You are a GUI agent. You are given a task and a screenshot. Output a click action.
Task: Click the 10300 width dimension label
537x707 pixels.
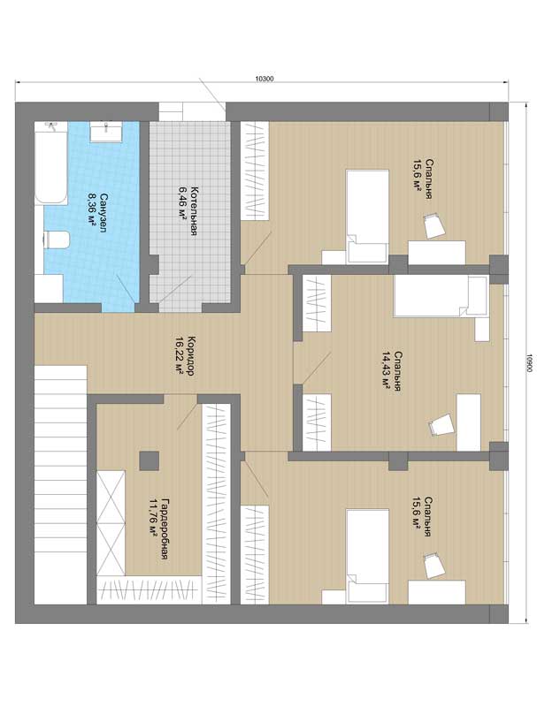click(x=265, y=78)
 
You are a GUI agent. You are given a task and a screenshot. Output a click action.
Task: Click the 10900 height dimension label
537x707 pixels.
click(x=529, y=362)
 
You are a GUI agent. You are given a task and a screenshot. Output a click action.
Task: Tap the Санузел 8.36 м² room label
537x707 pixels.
click(x=98, y=212)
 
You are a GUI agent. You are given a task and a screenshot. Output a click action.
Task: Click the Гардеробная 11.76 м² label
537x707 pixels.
click(x=159, y=528)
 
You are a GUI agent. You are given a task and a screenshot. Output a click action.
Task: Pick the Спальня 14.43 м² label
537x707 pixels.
click(x=391, y=371)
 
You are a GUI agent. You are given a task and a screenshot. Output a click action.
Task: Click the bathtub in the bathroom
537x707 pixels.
click(x=51, y=163)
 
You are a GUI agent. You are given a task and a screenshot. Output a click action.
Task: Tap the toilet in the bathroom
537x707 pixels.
click(x=57, y=239)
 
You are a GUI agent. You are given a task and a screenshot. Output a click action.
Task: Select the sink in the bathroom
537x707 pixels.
click(x=105, y=131)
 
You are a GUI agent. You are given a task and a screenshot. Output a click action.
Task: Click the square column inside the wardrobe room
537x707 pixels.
click(x=149, y=460)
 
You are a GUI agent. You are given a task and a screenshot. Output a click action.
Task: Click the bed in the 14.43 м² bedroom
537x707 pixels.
click(x=441, y=296)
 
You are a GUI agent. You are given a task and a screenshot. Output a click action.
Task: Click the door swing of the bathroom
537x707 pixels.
click(x=126, y=289)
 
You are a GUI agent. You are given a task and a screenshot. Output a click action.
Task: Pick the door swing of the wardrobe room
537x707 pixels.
click(x=187, y=413)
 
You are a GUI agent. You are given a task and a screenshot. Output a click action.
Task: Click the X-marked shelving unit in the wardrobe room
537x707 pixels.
click(x=111, y=522)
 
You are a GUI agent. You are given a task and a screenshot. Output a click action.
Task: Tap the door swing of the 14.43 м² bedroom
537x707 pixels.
click(x=312, y=369)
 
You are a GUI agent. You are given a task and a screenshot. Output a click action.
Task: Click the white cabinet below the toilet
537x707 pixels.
click(x=49, y=289)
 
